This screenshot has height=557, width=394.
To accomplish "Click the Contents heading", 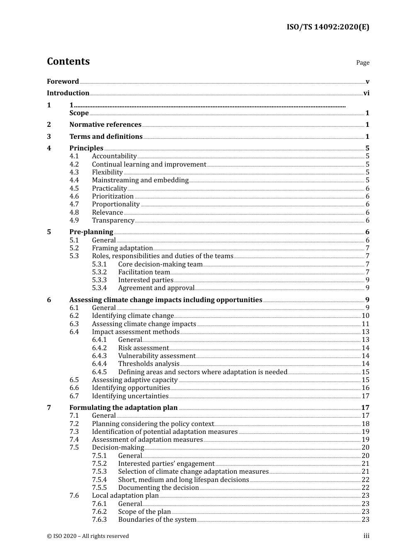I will tap(68, 61).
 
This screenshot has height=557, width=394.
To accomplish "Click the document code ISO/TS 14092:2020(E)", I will tap(328, 27).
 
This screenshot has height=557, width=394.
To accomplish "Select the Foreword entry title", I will tap(63, 82).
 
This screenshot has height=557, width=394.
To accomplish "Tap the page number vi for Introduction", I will tap(366, 93).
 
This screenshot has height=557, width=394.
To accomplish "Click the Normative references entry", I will tap(105, 125).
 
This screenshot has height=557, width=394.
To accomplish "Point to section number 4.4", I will tap(74, 180).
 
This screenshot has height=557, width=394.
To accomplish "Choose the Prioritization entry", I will tap(113, 196).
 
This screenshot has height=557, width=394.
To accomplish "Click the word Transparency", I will tap(113, 220).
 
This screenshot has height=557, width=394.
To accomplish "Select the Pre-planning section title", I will tap(91, 232).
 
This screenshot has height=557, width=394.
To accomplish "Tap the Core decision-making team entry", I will tap(160, 264).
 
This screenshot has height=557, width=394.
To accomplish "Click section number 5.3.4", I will tap(99, 288).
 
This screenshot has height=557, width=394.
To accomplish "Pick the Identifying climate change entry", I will tap(133, 316).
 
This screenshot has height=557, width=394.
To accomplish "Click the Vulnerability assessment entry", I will tap(156, 356).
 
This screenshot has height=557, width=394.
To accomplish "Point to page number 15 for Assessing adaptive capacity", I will tap(365, 380).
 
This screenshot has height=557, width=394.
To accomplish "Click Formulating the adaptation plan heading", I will tap(123, 408).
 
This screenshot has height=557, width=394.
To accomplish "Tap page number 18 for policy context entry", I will tap(365, 424).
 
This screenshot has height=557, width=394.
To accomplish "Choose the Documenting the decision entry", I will tap(158, 488).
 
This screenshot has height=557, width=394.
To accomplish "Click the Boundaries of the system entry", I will tap(157, 520).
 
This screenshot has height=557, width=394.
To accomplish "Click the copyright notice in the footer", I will tap(88, 536).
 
